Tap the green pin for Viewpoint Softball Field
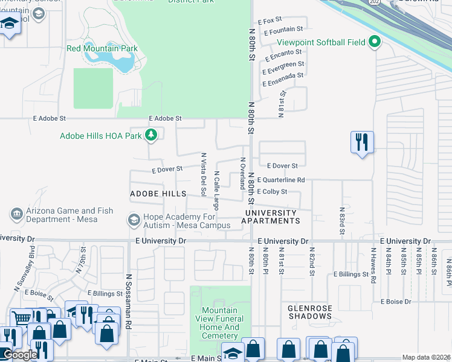(x=375, y=42)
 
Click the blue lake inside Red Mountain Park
(x=115, y=61)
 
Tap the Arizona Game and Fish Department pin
(x=17, y=214)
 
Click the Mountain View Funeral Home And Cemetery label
(x=220, y=323)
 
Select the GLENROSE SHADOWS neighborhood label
(x=310, y=312)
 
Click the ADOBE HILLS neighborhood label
(x=158, y=194)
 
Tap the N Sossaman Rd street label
(x=129, y=302)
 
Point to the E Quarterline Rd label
(x=280, y=180)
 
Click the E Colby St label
(x=271, y=192)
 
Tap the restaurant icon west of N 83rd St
(x=362, y=143)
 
